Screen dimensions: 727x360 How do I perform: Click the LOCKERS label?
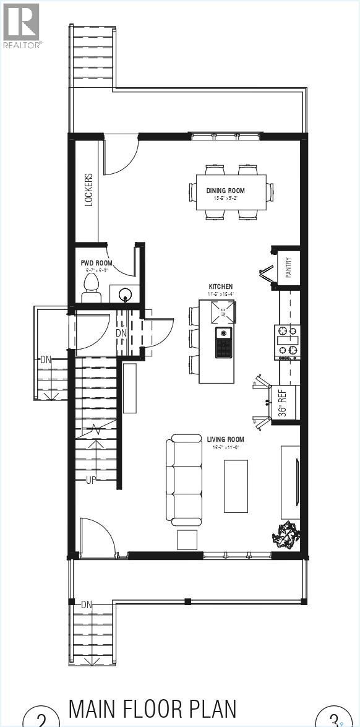coord(89,189)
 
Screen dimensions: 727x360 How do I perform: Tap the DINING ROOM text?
coord(226,191)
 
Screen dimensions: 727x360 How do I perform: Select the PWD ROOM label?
coord(96,263)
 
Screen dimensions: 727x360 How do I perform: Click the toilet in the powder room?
coord(91,288)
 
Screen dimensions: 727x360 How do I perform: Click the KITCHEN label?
coord(220,286)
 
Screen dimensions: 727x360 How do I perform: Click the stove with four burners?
coord(287,342)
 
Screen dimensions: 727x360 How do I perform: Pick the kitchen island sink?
coord(224,343)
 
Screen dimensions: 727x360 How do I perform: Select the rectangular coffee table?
coord(236,486)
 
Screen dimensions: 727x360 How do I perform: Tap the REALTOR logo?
coord(22,25)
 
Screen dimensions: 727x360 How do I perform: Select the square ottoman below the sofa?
coord(188,539)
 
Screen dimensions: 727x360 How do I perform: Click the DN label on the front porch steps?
coord(87,604)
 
